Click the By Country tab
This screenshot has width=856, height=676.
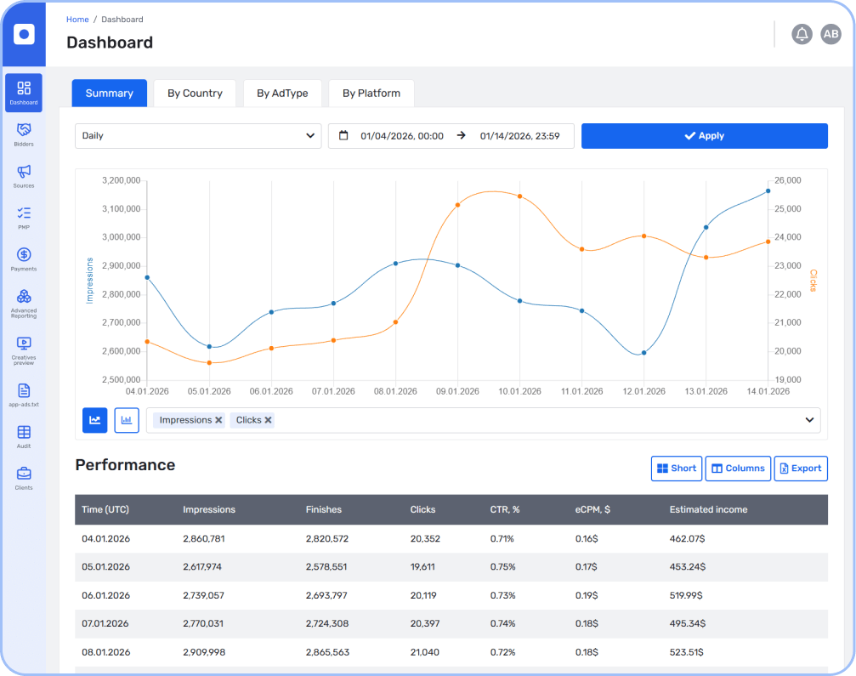pyautogui.click(x=195, y=94)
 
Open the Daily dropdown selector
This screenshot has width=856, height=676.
pyautogui.click(x=197, y=136)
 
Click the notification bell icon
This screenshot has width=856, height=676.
pyautogui.click(x=802, y=34)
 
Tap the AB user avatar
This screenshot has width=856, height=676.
pyautogui.click(x=830, y=34)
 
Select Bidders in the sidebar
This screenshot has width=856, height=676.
pyautogui.click(x=24, y=134)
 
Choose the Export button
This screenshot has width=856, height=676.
pyautogui.click(x=800, y=469)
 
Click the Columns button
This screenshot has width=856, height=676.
pyautogui.click(x=737, y=469)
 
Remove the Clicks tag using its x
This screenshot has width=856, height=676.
pyautogui.click(x=269, y=420)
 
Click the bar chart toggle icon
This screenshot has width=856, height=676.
pyautogui.click(x=127, y=420)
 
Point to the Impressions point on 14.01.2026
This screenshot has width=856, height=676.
pyautogui.click(x=768, y=191)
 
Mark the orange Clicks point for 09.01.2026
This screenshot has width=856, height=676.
pyautogui.click(x=457, y=205)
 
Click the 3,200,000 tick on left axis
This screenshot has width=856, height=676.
pyautogui.click(x=120, y=180)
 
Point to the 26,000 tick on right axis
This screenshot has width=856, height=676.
pyautogui.click(x=788, y=180)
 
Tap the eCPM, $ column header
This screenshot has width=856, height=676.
pyautogui.click(x=592, y=509)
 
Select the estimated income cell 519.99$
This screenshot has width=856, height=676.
pyautogui.click(x=687, y=595)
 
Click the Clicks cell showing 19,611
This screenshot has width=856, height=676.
pyautogui.click(x=422, y=567)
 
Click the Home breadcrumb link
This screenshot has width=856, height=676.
pyautogui.click(x=77, y=20)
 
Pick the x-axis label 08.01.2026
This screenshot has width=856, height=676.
pyautogui.click(x=395, y=392)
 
